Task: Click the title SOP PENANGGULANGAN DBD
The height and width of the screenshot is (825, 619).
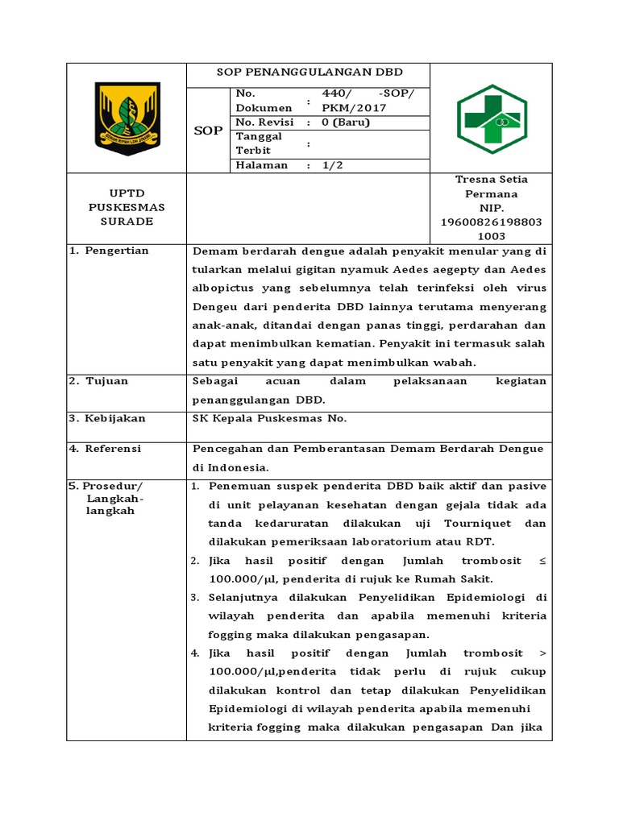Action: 309,73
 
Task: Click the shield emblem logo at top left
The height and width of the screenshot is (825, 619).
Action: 127,118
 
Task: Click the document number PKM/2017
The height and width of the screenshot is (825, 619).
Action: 354,108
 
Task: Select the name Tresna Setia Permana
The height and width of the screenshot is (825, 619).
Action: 491,186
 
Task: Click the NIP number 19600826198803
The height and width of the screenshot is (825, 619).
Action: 491,222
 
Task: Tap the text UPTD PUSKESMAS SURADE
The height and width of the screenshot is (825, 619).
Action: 127,207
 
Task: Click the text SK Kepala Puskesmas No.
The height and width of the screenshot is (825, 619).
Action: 269,419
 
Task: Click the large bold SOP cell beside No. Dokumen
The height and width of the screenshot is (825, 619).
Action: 209,130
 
